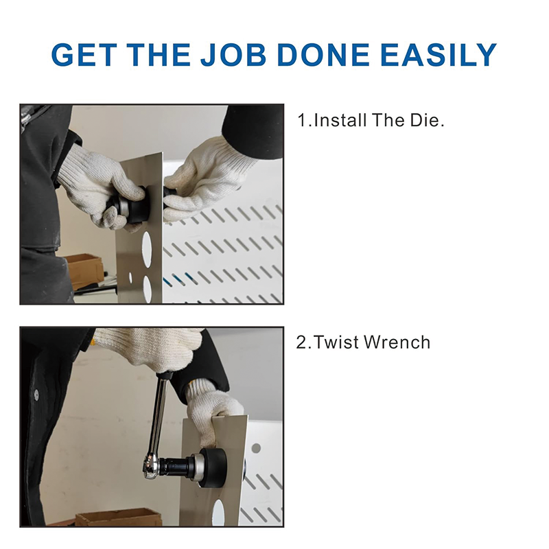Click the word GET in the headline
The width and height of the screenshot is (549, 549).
click(x=84, y=55)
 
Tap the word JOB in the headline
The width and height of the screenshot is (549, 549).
click(x=233, y=55)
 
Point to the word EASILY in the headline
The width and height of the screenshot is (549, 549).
click(x=439, y=55)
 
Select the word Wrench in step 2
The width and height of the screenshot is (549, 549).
click(x=397, y=342)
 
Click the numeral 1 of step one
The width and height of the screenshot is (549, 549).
click(x=302, y=120)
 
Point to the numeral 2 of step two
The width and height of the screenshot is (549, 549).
click(x=301, y=342)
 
